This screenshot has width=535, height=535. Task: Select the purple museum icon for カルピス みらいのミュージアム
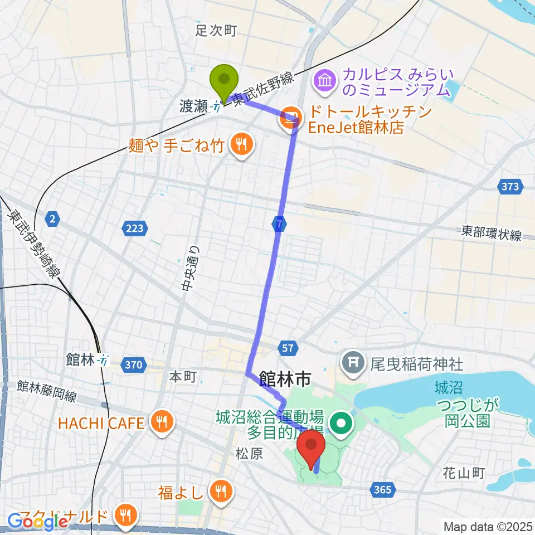coord(325,81)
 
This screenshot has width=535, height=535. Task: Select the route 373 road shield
coord(510,187)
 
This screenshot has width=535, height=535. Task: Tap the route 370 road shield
coord(133,365)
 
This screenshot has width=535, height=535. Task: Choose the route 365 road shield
coord(383,489)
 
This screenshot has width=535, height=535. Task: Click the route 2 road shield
coord(52,220)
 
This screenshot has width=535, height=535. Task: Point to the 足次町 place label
coord(216,31)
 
